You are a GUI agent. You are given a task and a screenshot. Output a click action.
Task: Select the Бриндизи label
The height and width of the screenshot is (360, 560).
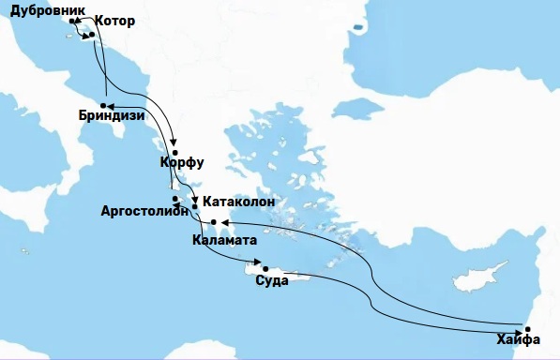click(113, 118)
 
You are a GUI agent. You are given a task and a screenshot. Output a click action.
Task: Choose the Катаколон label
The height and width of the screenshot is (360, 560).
click(239, 201)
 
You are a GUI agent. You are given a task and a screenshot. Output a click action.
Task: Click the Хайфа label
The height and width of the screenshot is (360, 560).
click(522, 344)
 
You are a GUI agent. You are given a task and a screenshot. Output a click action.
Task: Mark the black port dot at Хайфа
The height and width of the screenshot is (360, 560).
click(527, 329)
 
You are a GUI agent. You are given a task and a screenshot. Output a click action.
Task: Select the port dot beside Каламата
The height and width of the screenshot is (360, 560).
click(214, 222)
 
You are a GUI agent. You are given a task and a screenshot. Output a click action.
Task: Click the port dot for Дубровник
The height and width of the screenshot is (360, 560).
click(72, 20)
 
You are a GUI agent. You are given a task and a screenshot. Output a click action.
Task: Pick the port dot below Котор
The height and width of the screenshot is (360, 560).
click(91, 35)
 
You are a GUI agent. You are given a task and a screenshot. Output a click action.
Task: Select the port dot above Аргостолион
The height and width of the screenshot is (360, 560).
click(175, 198)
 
